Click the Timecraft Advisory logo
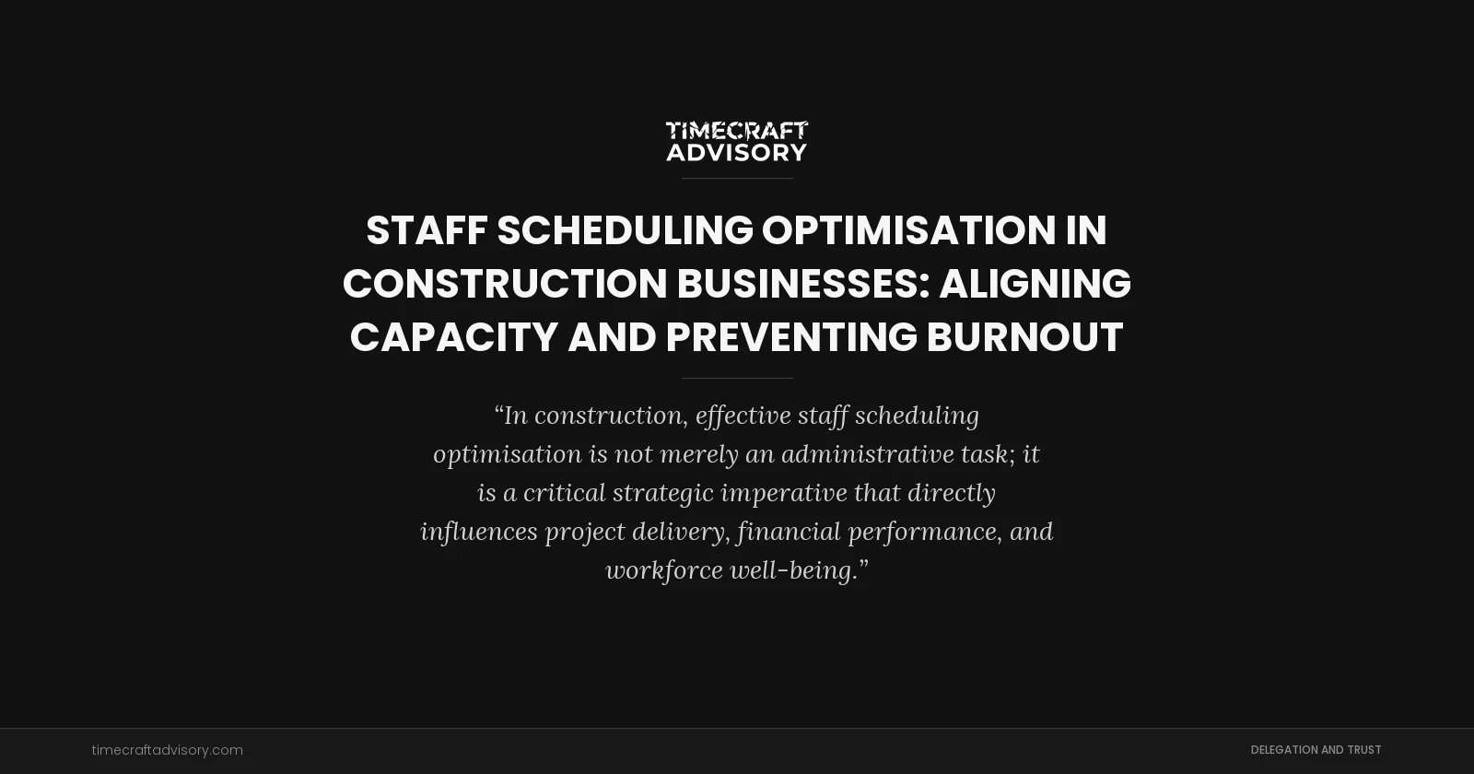(x=737, y=141)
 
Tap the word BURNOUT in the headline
(x=1024, y=337)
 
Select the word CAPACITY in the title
(x=454, y=337)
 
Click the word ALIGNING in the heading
(x=1035, y=284)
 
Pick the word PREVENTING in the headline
(x=791, y=337)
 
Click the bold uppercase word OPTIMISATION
(x=908, y=230)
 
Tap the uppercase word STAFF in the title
(x=427, y=230)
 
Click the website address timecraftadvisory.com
(x=168, y=750)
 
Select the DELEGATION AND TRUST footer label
(x=1316, y=750)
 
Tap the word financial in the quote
(x=789, y=532)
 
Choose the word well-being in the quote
(x=799, y=570)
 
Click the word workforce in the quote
(x=663, y=570)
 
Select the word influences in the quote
(x=478, y=532)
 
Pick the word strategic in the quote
(x=662, y=493)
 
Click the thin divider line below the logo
(x=737, y=178)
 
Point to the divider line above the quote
(x=737, y=378)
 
